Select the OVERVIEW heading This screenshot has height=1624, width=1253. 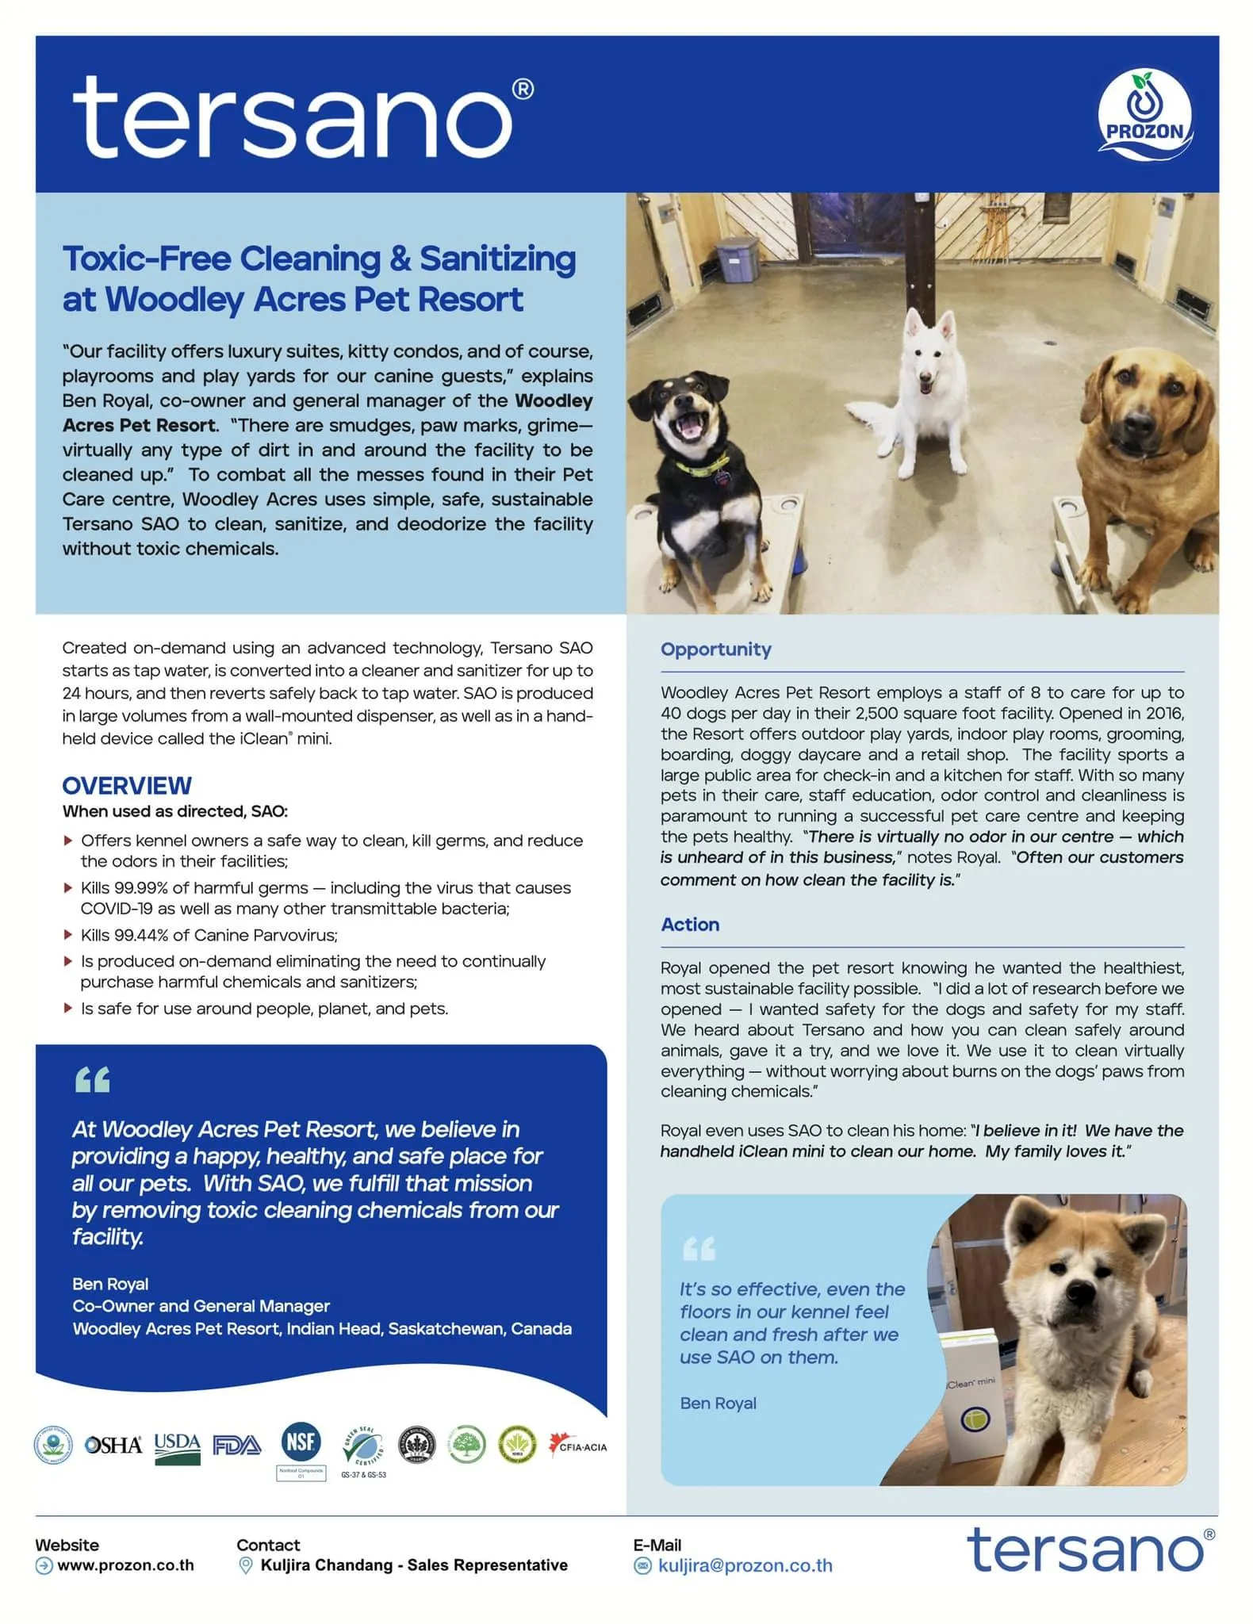(127, 786)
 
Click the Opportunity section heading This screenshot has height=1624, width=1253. (715, 649)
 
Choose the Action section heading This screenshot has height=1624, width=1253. (690, 925)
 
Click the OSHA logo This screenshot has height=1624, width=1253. (113, 1446)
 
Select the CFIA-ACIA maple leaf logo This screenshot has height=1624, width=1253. (578, 1446)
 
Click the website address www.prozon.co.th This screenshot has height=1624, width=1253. (125, 1565)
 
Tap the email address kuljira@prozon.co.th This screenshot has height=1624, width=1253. (745, 1565)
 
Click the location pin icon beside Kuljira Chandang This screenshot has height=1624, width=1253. (246, 1565)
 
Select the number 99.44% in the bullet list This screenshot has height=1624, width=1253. (140, 936)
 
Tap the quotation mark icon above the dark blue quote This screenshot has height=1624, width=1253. (92, 1080)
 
